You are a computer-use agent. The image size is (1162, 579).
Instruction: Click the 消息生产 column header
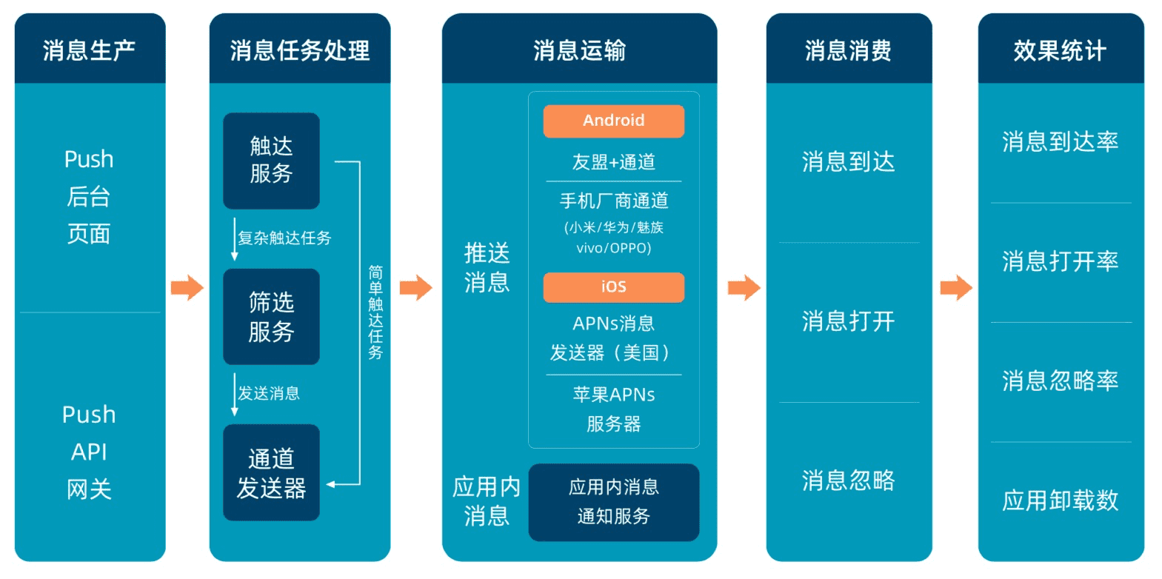tap(90, 50)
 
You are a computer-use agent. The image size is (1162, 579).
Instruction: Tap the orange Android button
tap(613, 121)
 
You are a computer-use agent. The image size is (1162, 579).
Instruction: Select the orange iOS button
tap(613, 287)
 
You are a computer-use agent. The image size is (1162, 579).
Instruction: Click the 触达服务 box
tap(271, 161)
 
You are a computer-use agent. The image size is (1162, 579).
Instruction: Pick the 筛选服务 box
tap(271, 316)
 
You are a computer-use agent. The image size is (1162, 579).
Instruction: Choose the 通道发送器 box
tap(271, 472)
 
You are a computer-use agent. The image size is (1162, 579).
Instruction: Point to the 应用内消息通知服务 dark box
tap(613, 502)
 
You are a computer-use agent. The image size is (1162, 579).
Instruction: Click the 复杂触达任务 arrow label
tap(284, 238)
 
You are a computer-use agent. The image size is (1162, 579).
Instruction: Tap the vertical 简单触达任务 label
tap(375, 312)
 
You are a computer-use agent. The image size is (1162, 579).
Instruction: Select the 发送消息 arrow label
tap(269, 393)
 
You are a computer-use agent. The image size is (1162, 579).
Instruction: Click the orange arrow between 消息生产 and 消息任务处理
tap(187, 287)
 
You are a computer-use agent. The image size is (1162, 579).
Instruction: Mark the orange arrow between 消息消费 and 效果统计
tap(955, 287)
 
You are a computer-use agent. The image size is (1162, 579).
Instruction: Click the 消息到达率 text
tap(1060, 141)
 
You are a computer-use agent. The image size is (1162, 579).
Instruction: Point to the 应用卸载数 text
tap(1060, 501)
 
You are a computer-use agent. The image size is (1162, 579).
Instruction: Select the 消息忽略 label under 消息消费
tap(848, 481)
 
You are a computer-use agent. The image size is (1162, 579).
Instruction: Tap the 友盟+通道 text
tap(613, 162)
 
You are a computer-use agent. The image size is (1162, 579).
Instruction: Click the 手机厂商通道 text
tap(613, 201)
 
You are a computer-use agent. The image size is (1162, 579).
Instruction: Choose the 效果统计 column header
tap(1060, 50)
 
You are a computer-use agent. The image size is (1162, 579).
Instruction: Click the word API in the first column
tap(89, 452)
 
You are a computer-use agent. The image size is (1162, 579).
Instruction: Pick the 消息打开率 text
tap(1060, 261)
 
